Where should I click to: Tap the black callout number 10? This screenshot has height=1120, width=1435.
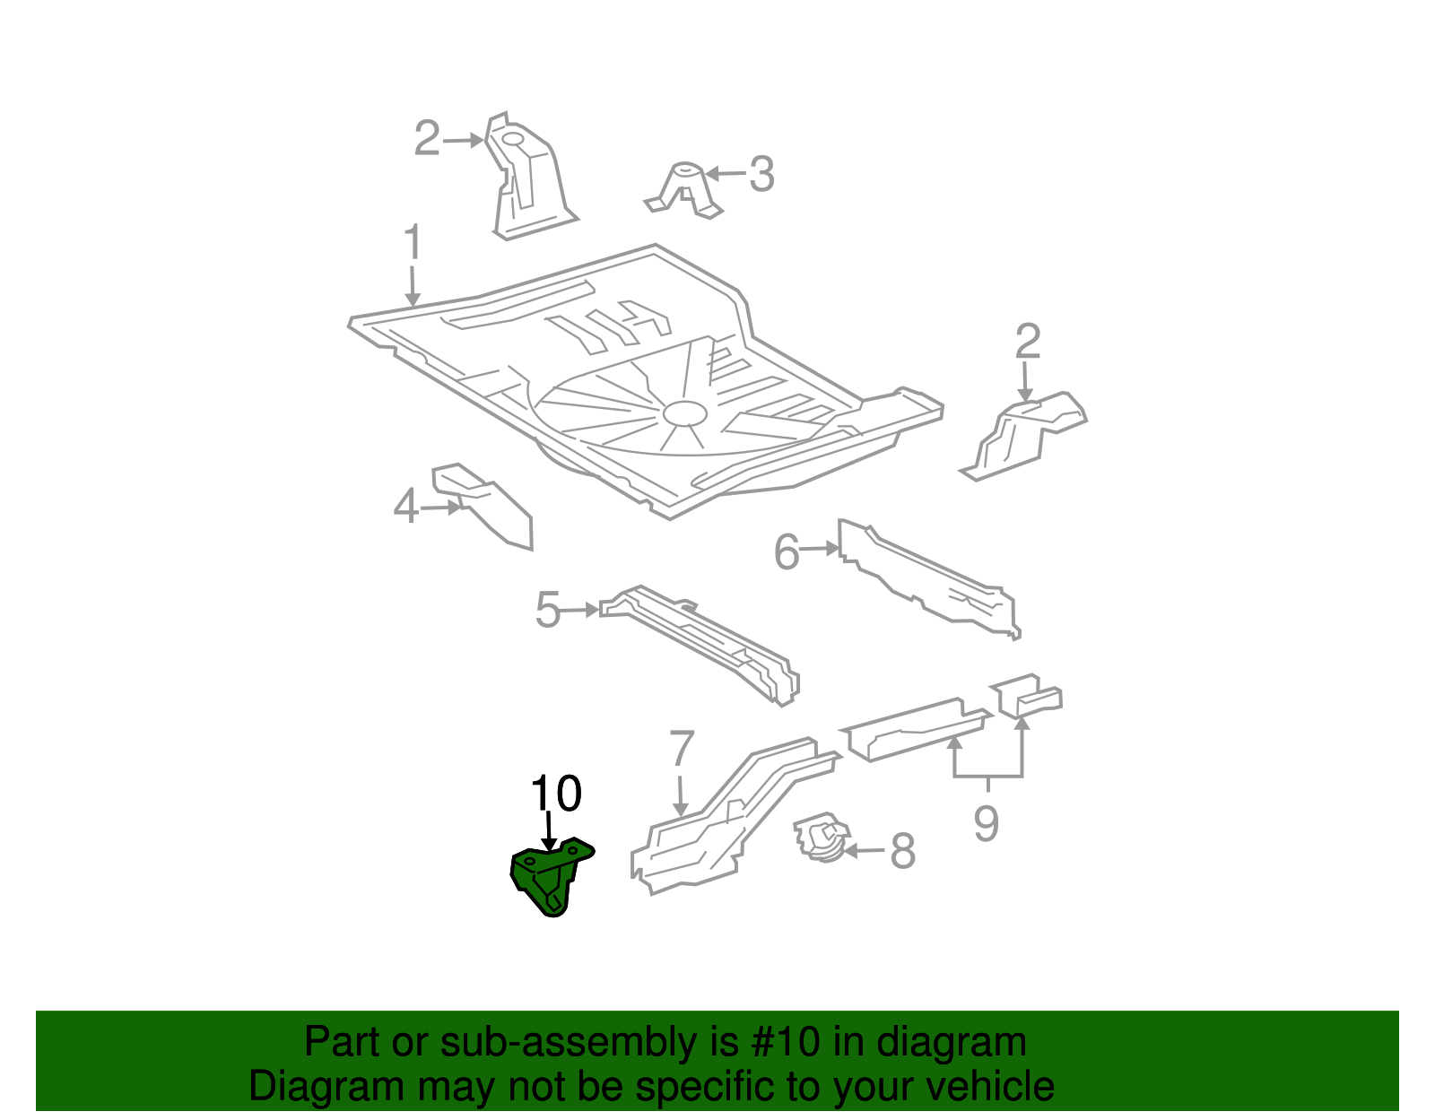pos(556,794)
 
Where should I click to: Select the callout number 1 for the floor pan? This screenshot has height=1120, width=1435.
pos(412,243)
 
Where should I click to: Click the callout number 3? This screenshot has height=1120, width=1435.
pos(761,174)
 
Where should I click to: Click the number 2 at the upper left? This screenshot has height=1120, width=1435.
pos(427,139)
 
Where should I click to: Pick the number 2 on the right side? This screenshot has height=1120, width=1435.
pos(1027,342)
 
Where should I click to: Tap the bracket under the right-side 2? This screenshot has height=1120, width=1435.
pos(1022,435)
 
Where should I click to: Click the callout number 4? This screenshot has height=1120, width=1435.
pos(405,508)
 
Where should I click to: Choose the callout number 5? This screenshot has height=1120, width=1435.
pos(547,611)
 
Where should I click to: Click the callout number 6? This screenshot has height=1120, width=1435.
pos(786,551)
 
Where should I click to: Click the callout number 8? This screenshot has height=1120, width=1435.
pos(902,851)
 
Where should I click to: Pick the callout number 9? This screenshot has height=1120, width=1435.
pos(986,823)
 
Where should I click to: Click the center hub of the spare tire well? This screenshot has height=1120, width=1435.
pos(685,413)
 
